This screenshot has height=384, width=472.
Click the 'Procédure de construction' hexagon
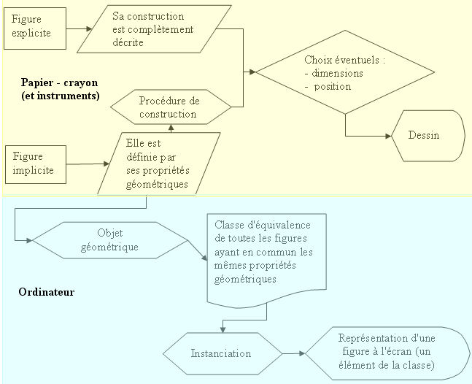click(x=169, y=107)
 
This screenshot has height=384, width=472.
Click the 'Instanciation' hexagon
click(x=220, y=353)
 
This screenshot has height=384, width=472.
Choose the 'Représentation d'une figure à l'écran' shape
click(x=387, y=351)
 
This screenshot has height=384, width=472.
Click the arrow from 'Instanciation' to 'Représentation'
click(x=292, y=353)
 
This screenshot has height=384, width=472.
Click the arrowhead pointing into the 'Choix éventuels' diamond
click(x=253, y=72)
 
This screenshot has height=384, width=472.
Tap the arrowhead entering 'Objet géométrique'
click(x=28, y=239)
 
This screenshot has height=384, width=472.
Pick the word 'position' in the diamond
click(x=333, y=86)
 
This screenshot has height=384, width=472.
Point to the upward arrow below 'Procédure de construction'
click(x=170, y=128)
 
